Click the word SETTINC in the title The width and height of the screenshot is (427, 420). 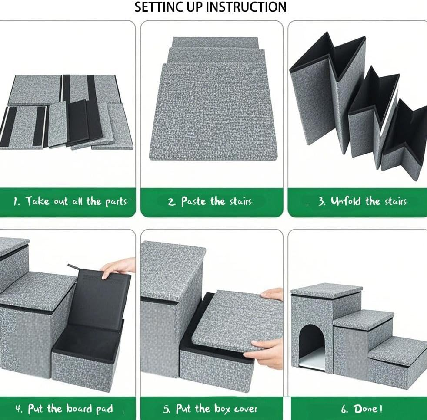pyautogui.click(x=159, y=7)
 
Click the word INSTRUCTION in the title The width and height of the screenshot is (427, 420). pyautogui.click(x=246, y=7)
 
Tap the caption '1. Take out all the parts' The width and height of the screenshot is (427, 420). pyautogui.click(x=70, y=202)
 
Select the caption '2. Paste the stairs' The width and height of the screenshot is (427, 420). pyautogui.click(x=210, y=202)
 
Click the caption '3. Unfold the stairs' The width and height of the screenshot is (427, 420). pyautogui.click(x=363, y=202)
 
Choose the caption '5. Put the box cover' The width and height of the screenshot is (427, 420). pyautogui.click(x=217, y=409)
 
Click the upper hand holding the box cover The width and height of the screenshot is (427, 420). pyautogui.click(x=273, y=295)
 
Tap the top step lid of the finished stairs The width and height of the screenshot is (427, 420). pyautogui.click(x=326, y=290)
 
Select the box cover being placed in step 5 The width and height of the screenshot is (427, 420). pyautogui.click(x=235, y=321)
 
